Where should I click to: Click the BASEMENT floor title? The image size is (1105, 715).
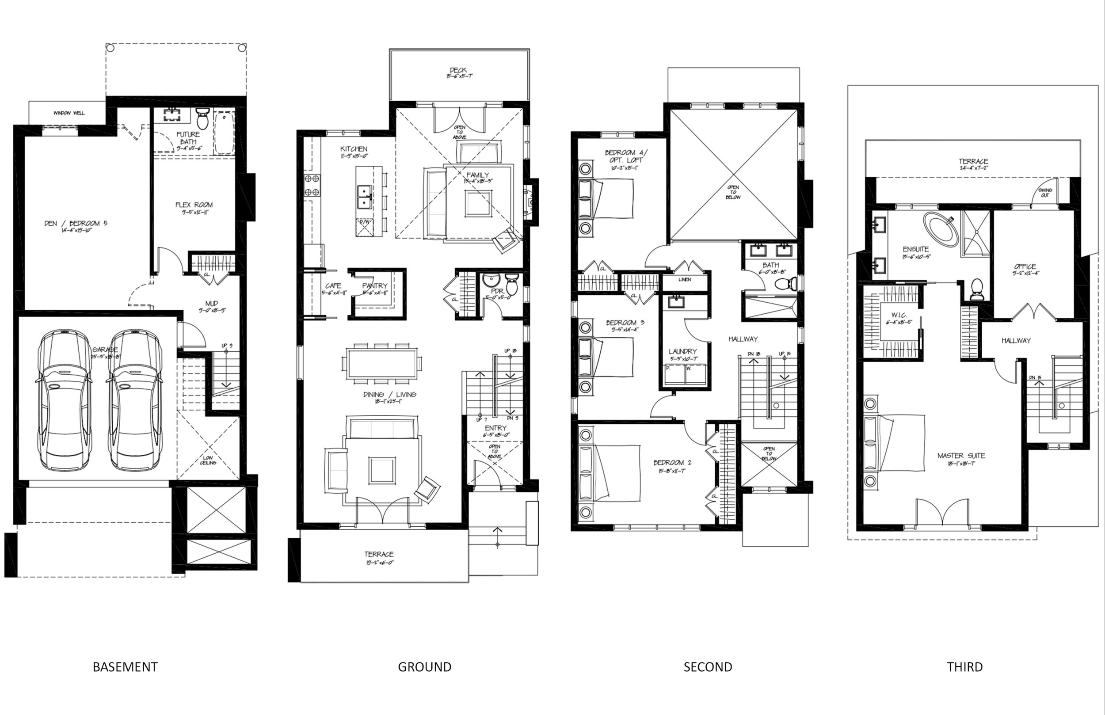pyautogui.click(x=125, y=667)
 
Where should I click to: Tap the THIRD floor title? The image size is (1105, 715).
pyautogui.click(x=965, y=667)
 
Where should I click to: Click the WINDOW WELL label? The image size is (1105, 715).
pyautogui.click(x=69, y=113)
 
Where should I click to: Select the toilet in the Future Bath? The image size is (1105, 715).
pyautogui.click(x=202, y=119)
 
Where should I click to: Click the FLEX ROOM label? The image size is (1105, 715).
pyautogui.click(x=194, y=205)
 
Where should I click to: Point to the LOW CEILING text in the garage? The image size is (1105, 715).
pyautogui.click(x=208, y=460)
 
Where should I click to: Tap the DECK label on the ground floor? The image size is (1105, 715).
pyautogui.click(x=458, y=70)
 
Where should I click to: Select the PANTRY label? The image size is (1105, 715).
pyautogui.click(x=375, y=285)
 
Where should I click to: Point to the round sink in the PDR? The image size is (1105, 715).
pyautogui.click(x=490, y=281)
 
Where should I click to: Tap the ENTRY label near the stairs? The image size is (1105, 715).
pyautogui.click(x=495, y=428)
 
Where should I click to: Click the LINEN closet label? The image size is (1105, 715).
pyautogui.click(x=684, y=279)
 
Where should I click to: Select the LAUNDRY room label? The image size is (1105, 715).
pyautogui.click(x=682, y=351)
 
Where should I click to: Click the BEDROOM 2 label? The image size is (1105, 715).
pyautogui.click(x=672, y=462)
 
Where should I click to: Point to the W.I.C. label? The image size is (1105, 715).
pyautogui.click(x=899, y=315)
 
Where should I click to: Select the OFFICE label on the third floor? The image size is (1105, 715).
pyautogui.click(x=1025, y=266)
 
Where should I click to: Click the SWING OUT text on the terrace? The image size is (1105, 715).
pyautogui.click(x=1045, y=193)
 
